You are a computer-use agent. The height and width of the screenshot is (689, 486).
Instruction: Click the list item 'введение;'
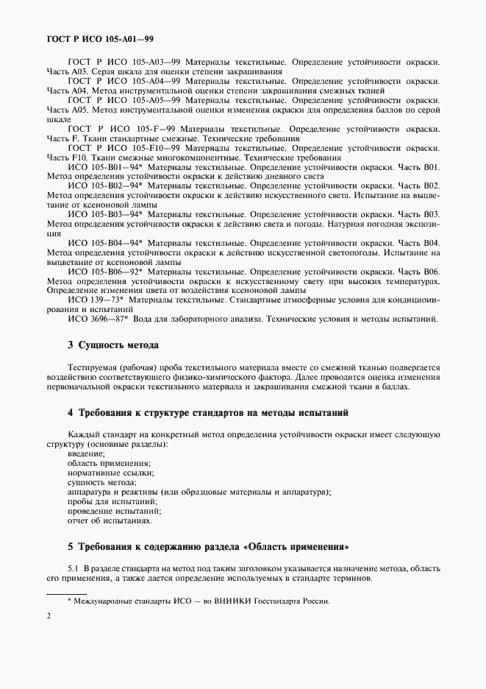pos(86,453)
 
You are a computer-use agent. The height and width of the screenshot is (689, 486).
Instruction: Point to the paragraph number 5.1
pos(74,568)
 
